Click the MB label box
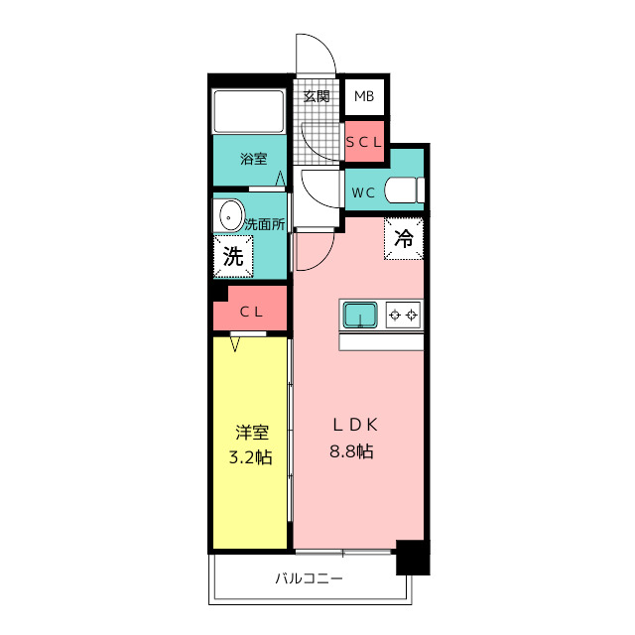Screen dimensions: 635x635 tap(363, 97)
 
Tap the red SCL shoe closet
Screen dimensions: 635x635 tap(364, 141)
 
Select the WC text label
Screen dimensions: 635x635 tap(362, 193)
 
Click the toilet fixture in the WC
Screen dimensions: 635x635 tap(404, 190)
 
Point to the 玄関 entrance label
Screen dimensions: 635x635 tap(317, 97)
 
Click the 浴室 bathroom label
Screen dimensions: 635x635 tap(253, 159)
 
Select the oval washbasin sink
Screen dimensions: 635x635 tap(231, 215)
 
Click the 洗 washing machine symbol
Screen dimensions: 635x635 tap(232, 256)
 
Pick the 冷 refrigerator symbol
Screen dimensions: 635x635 tap(404, 238)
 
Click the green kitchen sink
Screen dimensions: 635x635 tap(360, 316)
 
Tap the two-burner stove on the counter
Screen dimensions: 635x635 tap(403, 316)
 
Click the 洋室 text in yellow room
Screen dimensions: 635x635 tap(252, 433)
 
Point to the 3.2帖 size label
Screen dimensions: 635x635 tap(252, 456)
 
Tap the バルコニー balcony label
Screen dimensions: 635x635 tap(310, 578)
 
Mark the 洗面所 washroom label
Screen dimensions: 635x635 tap(265, 224)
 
